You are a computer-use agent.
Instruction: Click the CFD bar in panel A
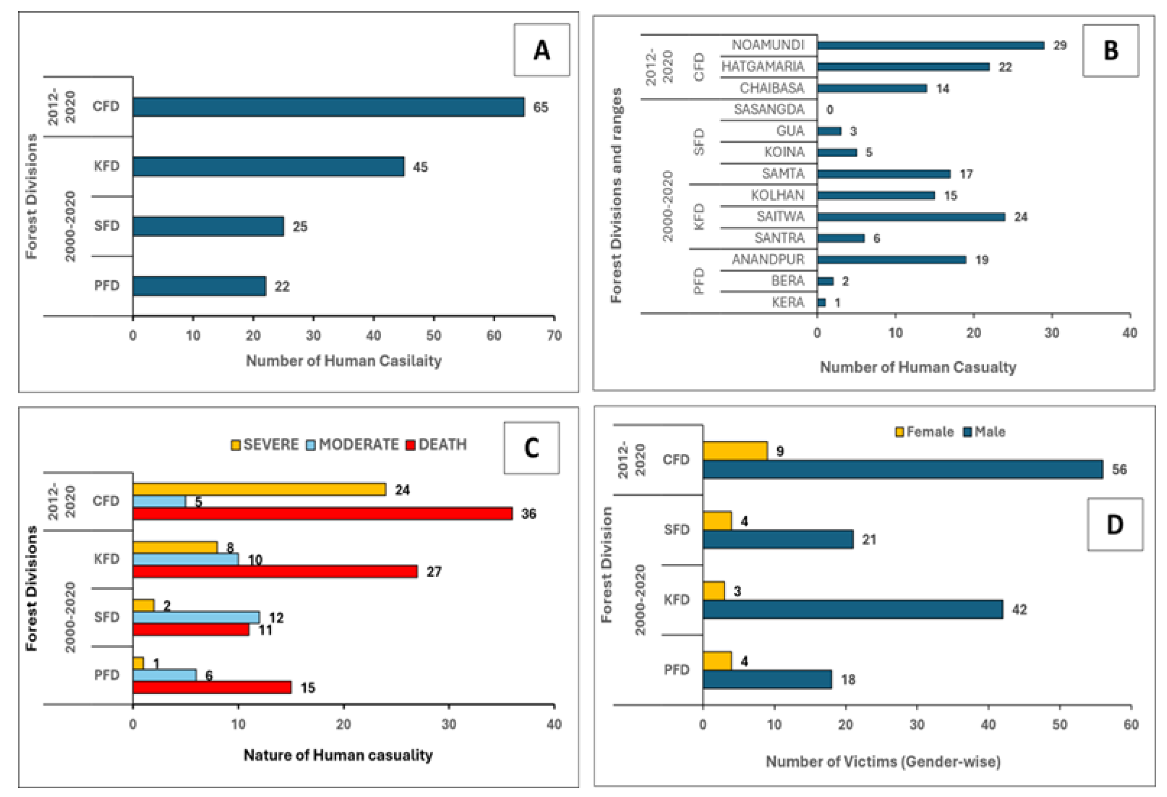click(x=328, y=107)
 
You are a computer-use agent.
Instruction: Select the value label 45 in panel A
click(x=420, y=167)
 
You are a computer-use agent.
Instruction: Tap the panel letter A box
click(x=541, y=50)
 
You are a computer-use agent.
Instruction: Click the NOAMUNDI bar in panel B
click(x=930, y=45)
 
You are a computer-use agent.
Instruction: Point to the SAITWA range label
click(x=780, y=217)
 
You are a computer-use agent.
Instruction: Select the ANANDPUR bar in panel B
click(x=891, y=260)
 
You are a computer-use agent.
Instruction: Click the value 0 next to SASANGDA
click(x=830, y=110)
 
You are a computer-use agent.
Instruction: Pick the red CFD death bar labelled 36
click(x=322, y=513)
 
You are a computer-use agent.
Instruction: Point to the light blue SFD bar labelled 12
click(x=196, y=617)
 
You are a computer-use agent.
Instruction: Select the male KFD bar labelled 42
click(x=852, y=609)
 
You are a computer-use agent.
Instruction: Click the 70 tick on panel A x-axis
click(x=554, y=335)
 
